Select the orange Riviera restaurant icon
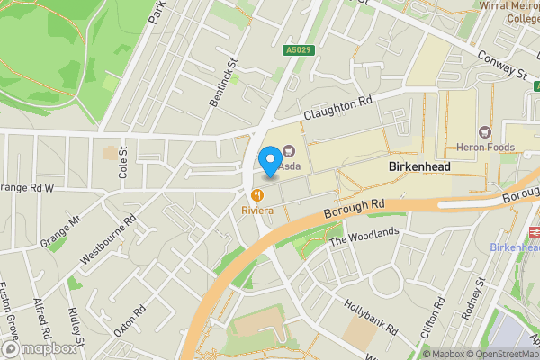coord(257,194)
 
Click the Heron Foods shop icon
coord(485,133)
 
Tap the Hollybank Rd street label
coord(369,316)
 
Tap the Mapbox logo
coord(40,348)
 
